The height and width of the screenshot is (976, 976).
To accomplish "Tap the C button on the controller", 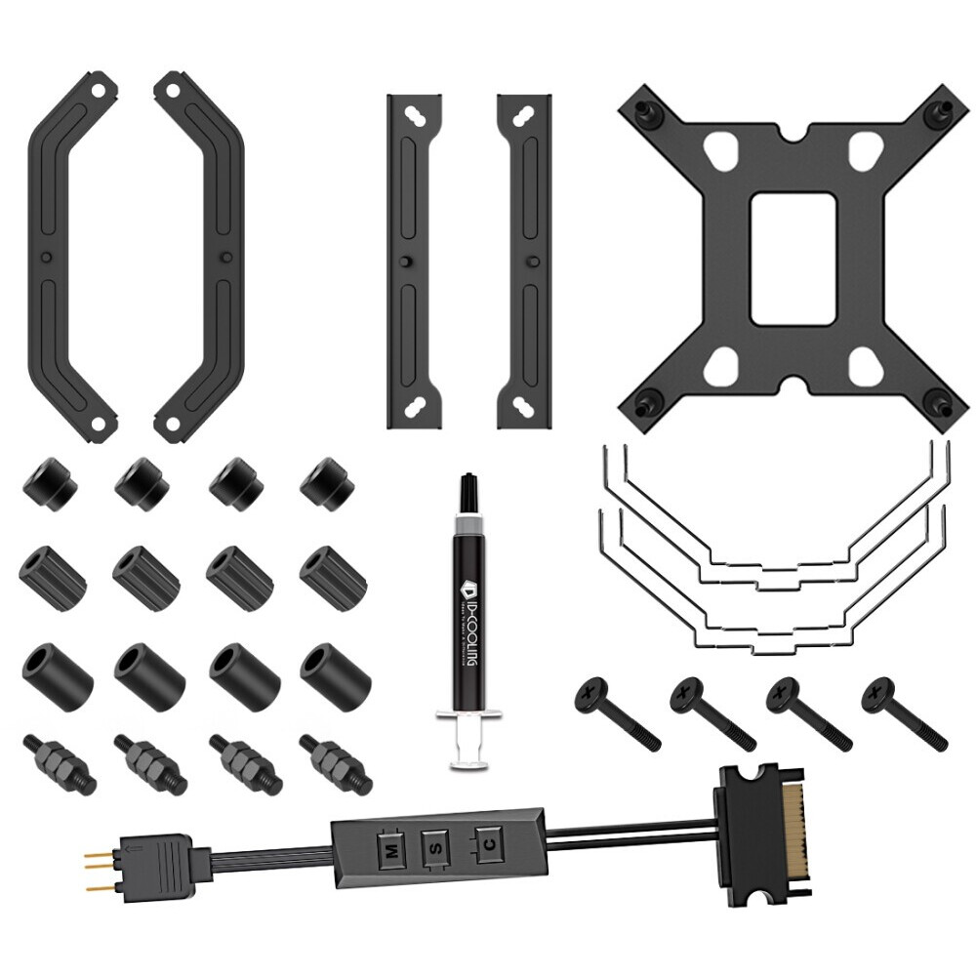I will pos(485,842).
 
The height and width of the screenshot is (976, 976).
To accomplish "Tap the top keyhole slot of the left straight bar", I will pos(414,116).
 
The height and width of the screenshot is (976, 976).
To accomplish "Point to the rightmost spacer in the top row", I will pos(328,482).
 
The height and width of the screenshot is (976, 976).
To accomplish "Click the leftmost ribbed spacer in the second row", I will pos(53,573).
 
